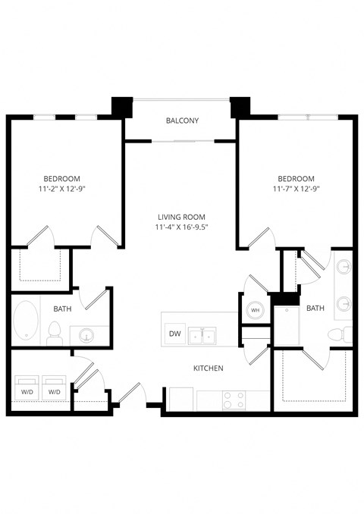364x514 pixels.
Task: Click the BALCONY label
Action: (182, 121)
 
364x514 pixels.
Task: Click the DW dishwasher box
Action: (174, 334)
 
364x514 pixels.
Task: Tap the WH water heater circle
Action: (254, 310)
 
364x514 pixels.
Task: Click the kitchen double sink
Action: (202, 334)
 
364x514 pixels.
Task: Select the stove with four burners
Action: (234, 400)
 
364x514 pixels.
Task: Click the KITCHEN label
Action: (208, 368)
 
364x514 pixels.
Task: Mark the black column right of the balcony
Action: (240, 106)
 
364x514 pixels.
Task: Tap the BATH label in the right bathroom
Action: (315, 309)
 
